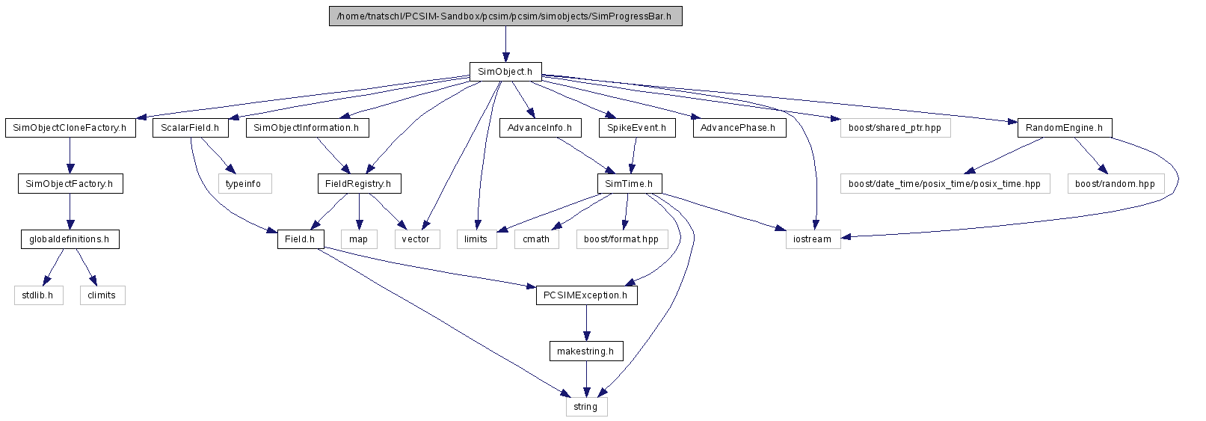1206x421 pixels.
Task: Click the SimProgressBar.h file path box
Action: click(x=505, y=16)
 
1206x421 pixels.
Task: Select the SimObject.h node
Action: click(x=505, y=72)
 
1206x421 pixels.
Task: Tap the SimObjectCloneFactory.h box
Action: click(x=70, y=128)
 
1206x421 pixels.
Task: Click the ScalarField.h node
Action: click(x=191, y=128)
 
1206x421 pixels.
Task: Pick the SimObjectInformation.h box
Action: click(x=307, y=128)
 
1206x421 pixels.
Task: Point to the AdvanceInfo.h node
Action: click(x=541, y=128)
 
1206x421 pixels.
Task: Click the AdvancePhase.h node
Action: click(x=739, y=128)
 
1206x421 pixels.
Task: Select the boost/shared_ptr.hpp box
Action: click(x=896, y=128)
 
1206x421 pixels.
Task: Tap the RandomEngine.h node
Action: click(x=1065, y=128)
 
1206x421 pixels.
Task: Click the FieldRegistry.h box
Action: click(x=359, y=184)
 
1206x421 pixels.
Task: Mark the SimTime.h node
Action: click(x=630, y=184)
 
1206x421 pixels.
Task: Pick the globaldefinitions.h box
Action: click(x=70, y=239)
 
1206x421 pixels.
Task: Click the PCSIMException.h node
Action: click(x=586, y=295)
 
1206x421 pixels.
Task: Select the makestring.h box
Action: click(x=586, y=351)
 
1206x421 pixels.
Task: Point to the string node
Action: click(x=586, y=407)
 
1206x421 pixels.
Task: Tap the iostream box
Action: click(x=813, y=239)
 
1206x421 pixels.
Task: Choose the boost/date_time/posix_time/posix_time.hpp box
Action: click(x=945, y=184)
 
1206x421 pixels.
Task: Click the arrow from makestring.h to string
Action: click(x=586, y=379)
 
